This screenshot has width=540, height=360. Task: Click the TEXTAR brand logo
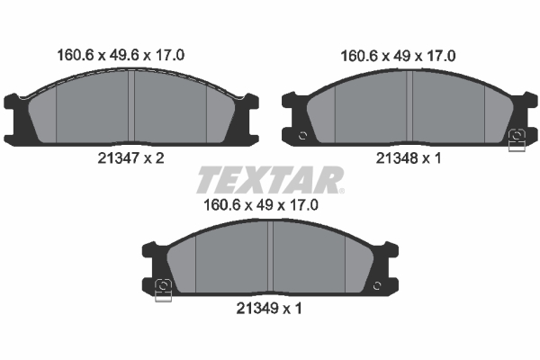(x=269, y=180)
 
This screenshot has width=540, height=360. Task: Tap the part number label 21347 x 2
(x=131, y=157)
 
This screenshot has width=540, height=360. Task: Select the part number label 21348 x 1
(x=409, y=157)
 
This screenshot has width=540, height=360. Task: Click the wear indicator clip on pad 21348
(x=517, y=140)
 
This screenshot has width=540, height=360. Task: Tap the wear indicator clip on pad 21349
(x=164, y=289)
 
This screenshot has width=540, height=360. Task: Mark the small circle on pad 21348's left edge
(x=302, y=136)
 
